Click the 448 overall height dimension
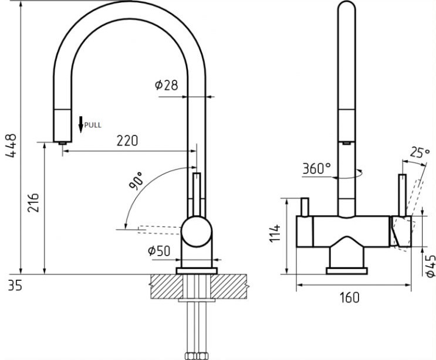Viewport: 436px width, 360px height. click(11, 146)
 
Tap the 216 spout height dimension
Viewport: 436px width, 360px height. click(33, 202)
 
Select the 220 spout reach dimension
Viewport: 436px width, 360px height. click(127, 141)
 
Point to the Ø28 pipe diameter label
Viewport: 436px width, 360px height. click(166, 85)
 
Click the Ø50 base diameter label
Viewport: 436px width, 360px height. click(159, 251)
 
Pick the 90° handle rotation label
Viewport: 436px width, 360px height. click(136, 180)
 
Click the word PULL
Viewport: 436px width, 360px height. click(93, 125)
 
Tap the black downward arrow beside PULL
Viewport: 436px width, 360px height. click(81, 124)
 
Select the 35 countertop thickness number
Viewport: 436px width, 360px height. click(15, 285)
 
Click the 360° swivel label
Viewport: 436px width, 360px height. click(317, 168)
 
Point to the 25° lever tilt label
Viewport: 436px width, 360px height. click(420, 152)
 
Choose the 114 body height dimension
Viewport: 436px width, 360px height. click(275, 233)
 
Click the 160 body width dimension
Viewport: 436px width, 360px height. click(349, 297)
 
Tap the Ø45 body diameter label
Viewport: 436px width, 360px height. click(430, 266)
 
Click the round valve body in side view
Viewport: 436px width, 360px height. click(197, 232)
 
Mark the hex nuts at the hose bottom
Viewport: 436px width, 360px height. click(197, 356)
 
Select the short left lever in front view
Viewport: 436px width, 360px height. click(305, 207)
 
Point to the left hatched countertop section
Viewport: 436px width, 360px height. click(167, 286)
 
